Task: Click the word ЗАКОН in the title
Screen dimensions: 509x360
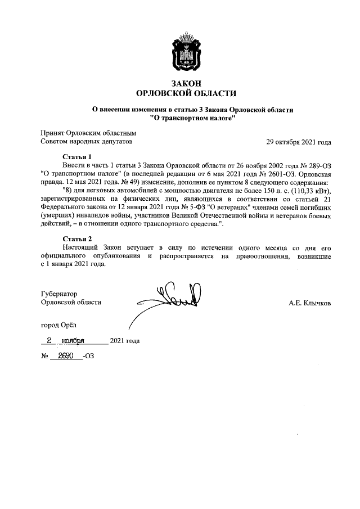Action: (x=186, y=83)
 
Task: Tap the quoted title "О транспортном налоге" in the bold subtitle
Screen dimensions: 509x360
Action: (x=193, y=119)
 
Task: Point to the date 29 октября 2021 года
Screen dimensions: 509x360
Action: (x=299, y=142)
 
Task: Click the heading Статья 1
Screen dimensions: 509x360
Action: (x=76, y=156)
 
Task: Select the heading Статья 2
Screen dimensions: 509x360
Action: (x=76, y=239)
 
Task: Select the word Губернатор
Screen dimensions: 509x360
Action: (x=59, y=294)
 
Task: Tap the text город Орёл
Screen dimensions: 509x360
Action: (x=57, y=325)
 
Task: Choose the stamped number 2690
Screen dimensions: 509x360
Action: (x=66, y=357)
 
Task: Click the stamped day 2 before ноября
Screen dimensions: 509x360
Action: (x=49, y=340)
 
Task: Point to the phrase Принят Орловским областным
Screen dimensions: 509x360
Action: (x=88, y=133)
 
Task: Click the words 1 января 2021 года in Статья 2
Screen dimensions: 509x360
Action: (x=76, y=264)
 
